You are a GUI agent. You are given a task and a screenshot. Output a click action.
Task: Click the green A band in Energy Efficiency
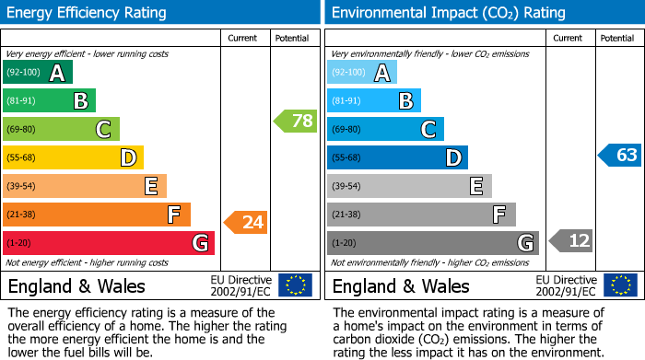coord(38,73)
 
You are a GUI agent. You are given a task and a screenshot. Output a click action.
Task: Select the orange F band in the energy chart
coord(97,215)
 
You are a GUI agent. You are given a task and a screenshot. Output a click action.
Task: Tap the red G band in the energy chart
coord(109,243)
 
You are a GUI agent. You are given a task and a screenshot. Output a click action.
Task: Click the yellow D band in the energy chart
coord(73,157)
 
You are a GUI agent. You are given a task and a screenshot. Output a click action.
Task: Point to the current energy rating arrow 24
coord(246,222)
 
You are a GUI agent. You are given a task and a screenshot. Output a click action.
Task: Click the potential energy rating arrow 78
coord(295,121)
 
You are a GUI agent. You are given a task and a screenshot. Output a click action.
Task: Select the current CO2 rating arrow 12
coord(569,241)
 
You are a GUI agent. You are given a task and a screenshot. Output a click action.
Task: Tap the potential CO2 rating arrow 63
coord(618,155)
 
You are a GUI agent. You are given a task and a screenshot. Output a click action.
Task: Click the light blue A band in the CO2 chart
coord(362,73)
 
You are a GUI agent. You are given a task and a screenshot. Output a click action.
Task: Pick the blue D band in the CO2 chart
coord(397,157)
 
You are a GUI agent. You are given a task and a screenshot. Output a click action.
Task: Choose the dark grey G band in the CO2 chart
coord(433,243)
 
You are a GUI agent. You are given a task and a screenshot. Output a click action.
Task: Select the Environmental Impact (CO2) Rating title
coord(448,13)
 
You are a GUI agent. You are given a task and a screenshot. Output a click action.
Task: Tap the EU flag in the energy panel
coord(295,285)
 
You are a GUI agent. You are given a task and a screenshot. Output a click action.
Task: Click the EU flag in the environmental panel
coord(619,285)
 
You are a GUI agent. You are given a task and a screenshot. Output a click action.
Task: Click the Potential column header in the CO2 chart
coord(617,38)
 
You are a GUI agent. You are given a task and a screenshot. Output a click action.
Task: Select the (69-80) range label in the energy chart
coord(22,129)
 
